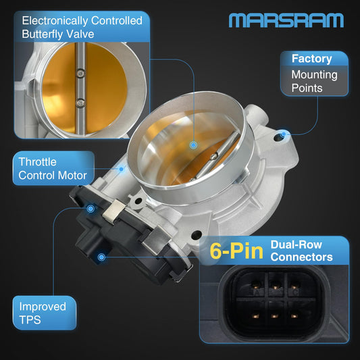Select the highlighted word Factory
(x=311, y=59)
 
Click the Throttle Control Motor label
(x=53, y=169)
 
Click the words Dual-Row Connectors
(x=301, y=251)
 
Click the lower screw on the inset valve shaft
(x=80, y=103)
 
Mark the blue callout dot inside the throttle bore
(x=193, y=145)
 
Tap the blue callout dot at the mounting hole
(x=284, y=134)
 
